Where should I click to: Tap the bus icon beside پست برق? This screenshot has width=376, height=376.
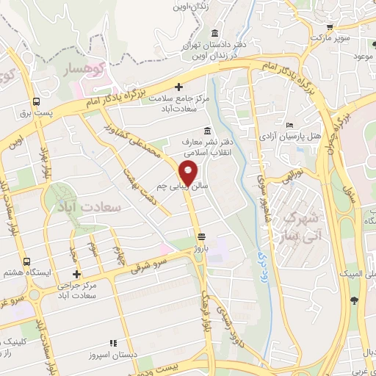click(x=36, y=103)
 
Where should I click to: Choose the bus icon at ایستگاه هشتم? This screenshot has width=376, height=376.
click(x=27, y=261)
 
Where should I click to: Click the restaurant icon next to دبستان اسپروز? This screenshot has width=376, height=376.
click(x=113, y=342)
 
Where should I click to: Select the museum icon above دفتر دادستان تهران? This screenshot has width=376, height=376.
click(x=214, y=34)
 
